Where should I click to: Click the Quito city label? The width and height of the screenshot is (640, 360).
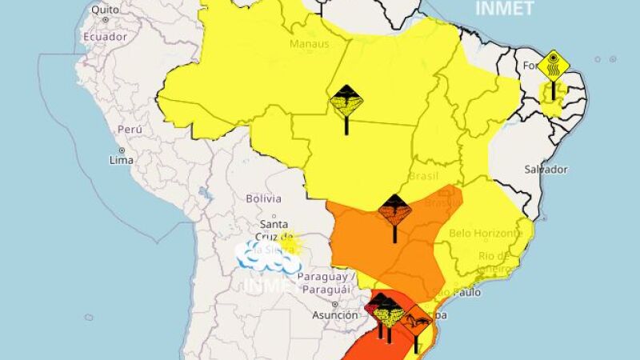click(106, 10)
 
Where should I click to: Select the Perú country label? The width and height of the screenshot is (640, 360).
click(130, 130)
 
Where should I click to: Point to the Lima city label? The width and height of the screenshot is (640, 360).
click(121, 160)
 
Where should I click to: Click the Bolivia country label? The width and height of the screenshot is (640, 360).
click(263, 198)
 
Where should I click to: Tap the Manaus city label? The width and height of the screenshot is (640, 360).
click(310, 45)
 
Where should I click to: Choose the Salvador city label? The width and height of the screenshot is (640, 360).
click(546, 170)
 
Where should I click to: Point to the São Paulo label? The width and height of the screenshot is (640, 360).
click(457, 292)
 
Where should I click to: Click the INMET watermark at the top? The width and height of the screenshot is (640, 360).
click(504, 9)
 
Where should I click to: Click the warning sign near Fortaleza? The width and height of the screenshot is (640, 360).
click(553, 66)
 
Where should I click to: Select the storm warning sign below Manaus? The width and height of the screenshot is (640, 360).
click(346, 102)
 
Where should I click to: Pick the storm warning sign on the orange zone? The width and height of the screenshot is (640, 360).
click(394, 212)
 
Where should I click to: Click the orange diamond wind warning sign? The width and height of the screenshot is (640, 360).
click(416, 322)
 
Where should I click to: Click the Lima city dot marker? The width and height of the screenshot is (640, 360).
click(122, 150)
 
